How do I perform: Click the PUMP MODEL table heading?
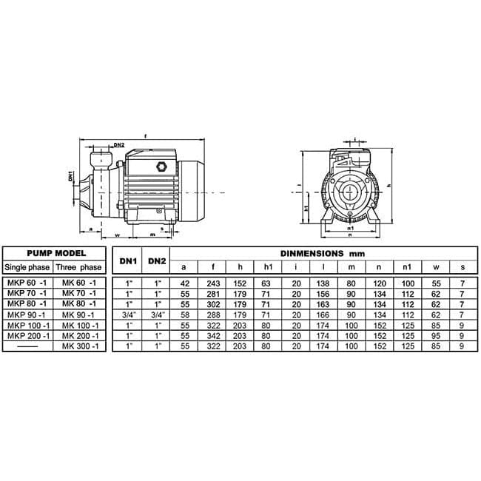pyautogui.click(x=56, y=253)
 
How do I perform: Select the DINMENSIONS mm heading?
pyautogui.click(x=323, y=254)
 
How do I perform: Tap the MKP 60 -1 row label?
pyautogui.click(x=27, y=283)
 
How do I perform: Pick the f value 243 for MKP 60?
pyautogui.click(x=213, y=283)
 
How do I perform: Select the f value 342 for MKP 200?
pyautogui.click(x=213, y=336)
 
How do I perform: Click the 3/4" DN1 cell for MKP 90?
pyautogui.click(x=129, y=315)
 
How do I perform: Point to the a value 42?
pyautogui.click(x=185, y=283)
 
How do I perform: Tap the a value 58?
pyautogui.click(x=185, y=315)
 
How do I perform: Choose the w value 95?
pyautogui.click(x=436, y=336)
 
